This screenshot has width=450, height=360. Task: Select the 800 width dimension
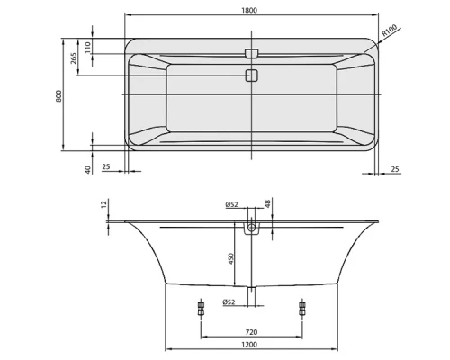tap(58, 95)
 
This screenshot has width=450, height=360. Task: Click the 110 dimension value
tap(87, 48)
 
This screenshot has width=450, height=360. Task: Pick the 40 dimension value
tap(88, 169)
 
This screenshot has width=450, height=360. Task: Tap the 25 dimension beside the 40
tap(107, 166)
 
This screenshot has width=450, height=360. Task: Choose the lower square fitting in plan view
tap(250, 75)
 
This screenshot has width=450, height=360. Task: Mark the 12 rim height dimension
tap(105, 206)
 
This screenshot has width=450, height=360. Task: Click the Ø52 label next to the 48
tap(231, 205)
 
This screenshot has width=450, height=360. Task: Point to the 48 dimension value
tap(267, 206)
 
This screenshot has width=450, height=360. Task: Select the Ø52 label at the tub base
tap(230, 301)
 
